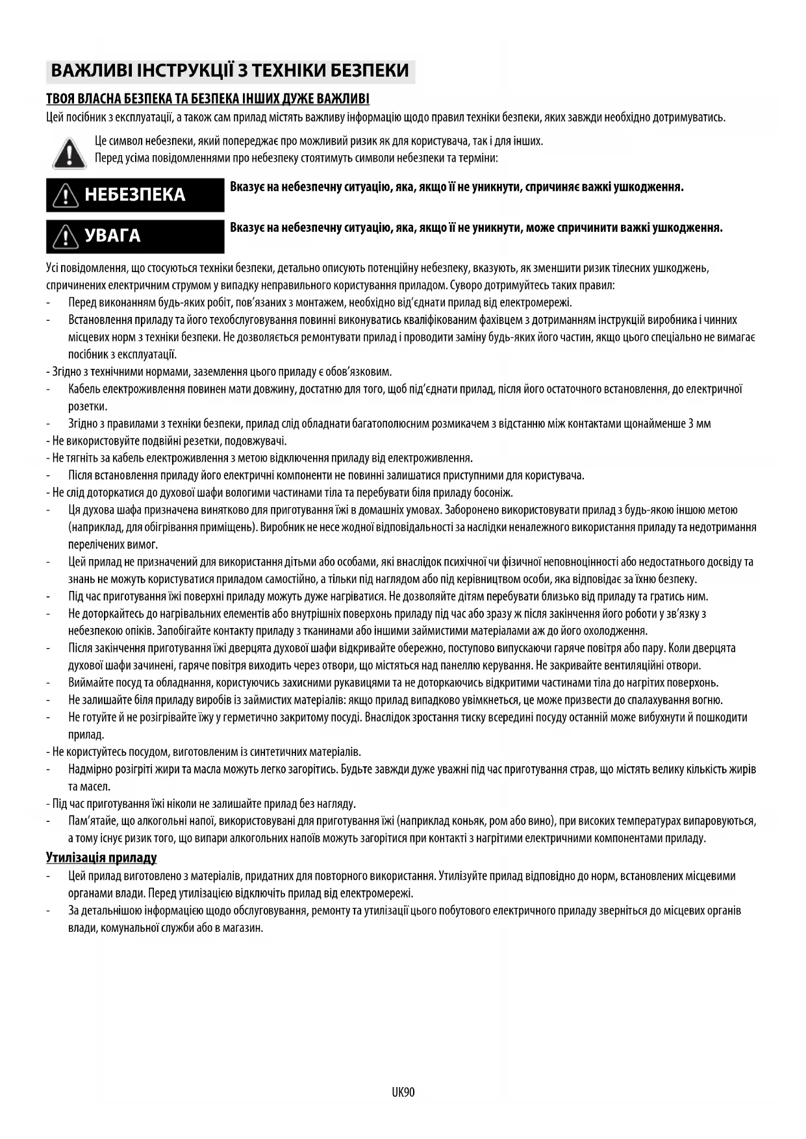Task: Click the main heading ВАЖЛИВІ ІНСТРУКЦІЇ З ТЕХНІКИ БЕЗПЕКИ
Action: pyautogui.click(x=230, y=71)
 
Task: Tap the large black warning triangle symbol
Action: pyautogui.click(x=68, y=153)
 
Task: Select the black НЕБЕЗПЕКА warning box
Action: pyautogui.click(x=135, y=195)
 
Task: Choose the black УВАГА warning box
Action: pyautogui.click(x=135, y=236)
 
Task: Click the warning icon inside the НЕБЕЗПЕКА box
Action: pyautogui.click(x=66, y=195)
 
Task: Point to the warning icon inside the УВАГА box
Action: pyautogui.click(x=66, y=236)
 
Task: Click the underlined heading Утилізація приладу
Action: pyautogui.click(x=101, y=858)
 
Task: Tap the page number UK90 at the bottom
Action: pyautogui.click(x=403, y=1092)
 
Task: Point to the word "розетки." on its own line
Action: pyautogui.click(x=88, y=407)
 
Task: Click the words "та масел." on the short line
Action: pyautogui.click(x=90, y=786)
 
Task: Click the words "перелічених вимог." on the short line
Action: pyautogui.click(x=113, y=544)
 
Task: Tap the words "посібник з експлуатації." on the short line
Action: pyautogui.click(x=123, y=355)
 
